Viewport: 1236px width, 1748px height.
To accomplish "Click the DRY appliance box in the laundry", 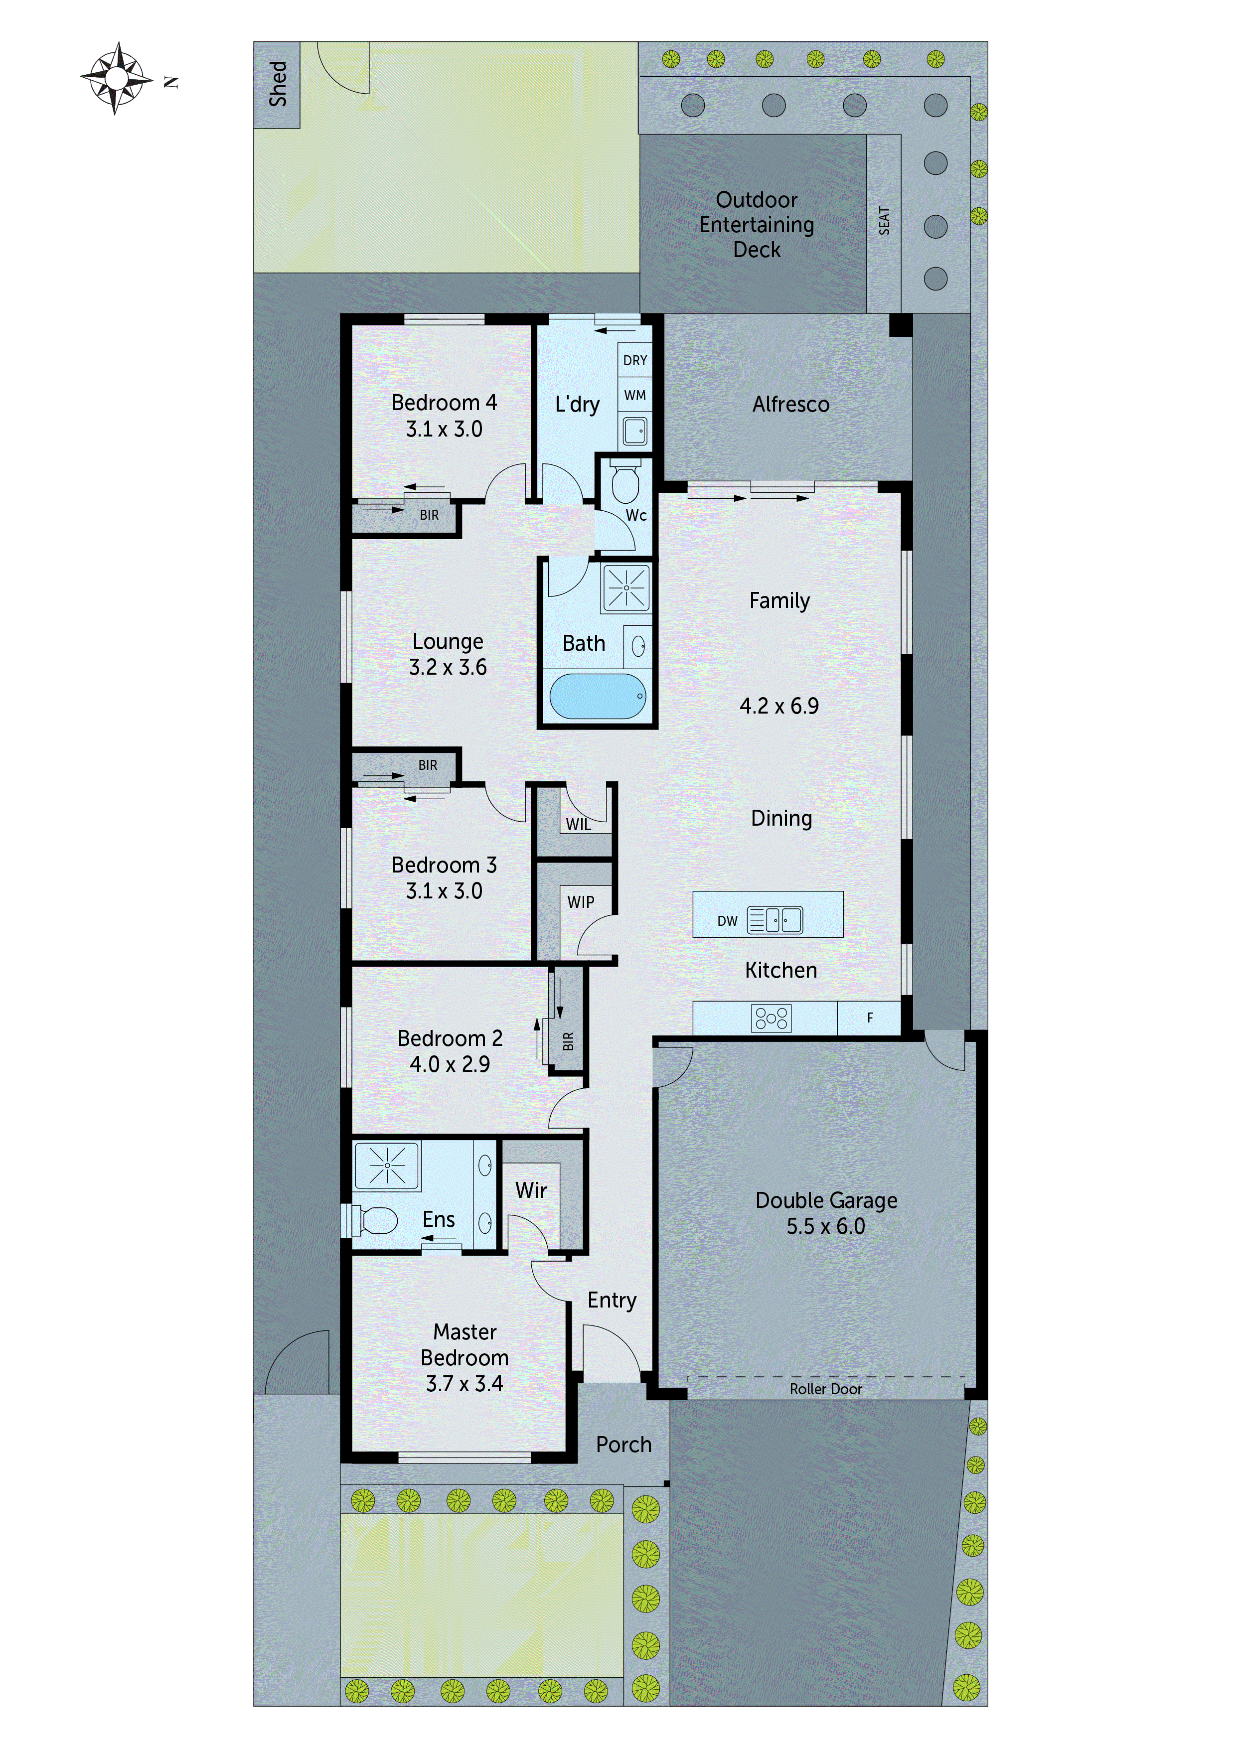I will click(635, 360).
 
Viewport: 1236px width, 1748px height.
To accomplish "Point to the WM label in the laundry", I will click(635, 395).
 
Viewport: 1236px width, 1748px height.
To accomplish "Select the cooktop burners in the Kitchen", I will click(772, 1018).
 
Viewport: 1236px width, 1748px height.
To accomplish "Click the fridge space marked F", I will click(870, 1018).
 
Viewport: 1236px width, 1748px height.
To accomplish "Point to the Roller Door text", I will click(825, 1389).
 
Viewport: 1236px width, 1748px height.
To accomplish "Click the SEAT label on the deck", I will click(884, 221).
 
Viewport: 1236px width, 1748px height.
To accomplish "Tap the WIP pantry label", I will click(580, 902).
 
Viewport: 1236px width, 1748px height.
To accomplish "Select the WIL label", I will click(578, 825).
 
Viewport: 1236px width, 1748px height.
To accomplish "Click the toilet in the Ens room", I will click(376, 1221).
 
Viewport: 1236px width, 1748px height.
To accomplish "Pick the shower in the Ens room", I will click(387, 1165).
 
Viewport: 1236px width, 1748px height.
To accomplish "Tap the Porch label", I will click(623, 1445).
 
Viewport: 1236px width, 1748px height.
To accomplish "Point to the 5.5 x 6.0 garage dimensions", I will click(825, 1226).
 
